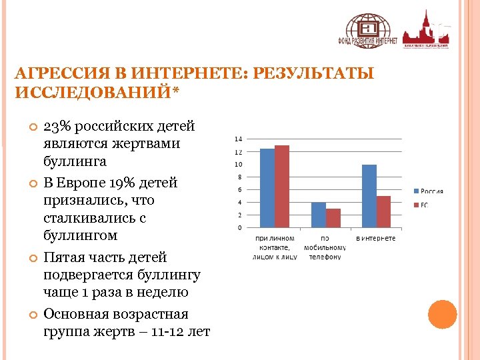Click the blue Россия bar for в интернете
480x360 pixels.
pyautogui.click(x=369, y=196)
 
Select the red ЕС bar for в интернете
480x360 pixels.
pyautogui.click(x=383, y=211)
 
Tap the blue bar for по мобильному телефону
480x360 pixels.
pyautogui.click(x=318, y=215)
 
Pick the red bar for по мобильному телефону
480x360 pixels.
pyautogui.click(x=333, y=218)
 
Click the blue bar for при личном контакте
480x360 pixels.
pyautogui.click(x=267, y=188)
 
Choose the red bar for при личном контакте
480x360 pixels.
pyautogui.click(x=281, y=186)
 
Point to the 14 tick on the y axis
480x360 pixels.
pyautogui.click(x=238, y=139)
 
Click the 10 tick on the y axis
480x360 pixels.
pyautogui.click(x=238, y=165)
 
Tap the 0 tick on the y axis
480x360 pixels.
pyautogui.click(x=240, y=228)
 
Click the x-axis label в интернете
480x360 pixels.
pyautogui.click(x=375, y=238)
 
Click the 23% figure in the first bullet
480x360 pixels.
pyautogui.click(x=56, y=127)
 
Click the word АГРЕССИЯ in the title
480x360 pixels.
pyautogui.click(x=53, y=73)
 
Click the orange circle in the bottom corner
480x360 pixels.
pyautogui.click(x=442, y=315)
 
